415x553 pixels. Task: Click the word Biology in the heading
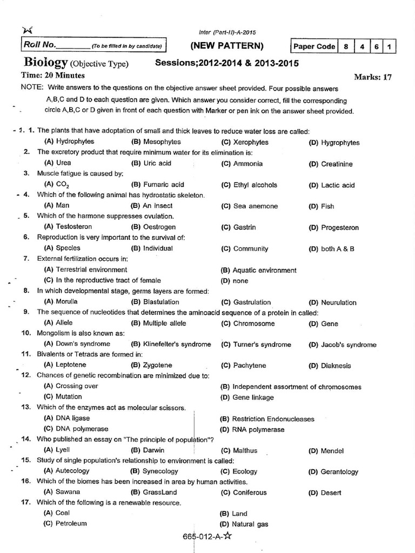[44, 63]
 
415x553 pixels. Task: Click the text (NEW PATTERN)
[227, 45]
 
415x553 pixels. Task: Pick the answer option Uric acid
[157, 163]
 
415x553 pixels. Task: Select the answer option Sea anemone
[255, 206]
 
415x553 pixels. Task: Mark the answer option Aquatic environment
[264, 270]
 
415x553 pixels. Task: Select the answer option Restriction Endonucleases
[273, 419]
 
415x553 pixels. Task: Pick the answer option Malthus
[245, 450]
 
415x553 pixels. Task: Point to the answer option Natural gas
[250, 524]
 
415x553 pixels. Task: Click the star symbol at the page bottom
[227, 536]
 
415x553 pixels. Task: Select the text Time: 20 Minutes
[53, 76]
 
